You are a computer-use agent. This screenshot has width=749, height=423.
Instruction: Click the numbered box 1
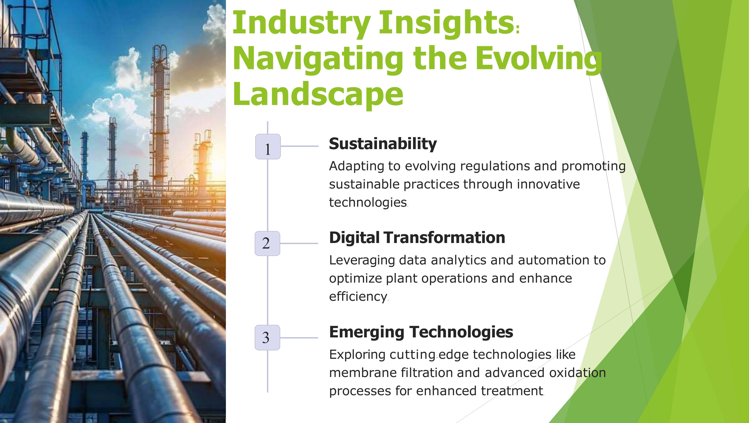pos(268,146)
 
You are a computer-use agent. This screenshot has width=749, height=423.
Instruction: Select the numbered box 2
pos(267,243)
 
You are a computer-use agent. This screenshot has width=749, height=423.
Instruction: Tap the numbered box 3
pos(267,337)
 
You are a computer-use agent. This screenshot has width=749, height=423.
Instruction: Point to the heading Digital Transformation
pos(417,238)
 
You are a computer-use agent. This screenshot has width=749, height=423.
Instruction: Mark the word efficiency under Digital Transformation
pos(358,297)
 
